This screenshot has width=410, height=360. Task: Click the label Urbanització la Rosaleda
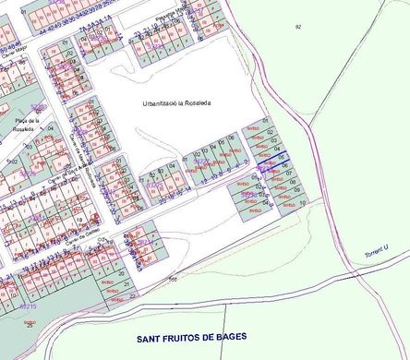178,102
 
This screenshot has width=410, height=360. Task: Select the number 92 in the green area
298,28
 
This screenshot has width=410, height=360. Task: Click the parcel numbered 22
132,296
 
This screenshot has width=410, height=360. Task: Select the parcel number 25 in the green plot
30,325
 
